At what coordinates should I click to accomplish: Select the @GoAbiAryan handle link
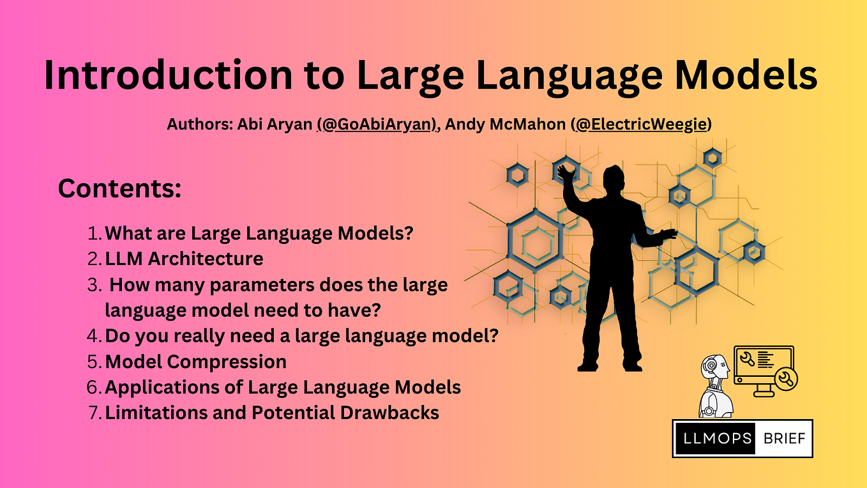click(x=377, y=124)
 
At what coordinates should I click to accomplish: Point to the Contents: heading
click(x=120, y=188)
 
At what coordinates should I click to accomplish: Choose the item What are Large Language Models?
click(x=259, y=233)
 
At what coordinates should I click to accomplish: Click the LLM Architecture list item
click(x=184, y=259)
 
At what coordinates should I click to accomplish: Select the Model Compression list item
click(x=195, y=362)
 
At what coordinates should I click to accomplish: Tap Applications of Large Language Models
click(x=283, y=387)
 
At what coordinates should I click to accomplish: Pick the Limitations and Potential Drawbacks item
click(x=272, y=413)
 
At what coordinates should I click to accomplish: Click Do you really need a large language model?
click(x=301, y=335)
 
